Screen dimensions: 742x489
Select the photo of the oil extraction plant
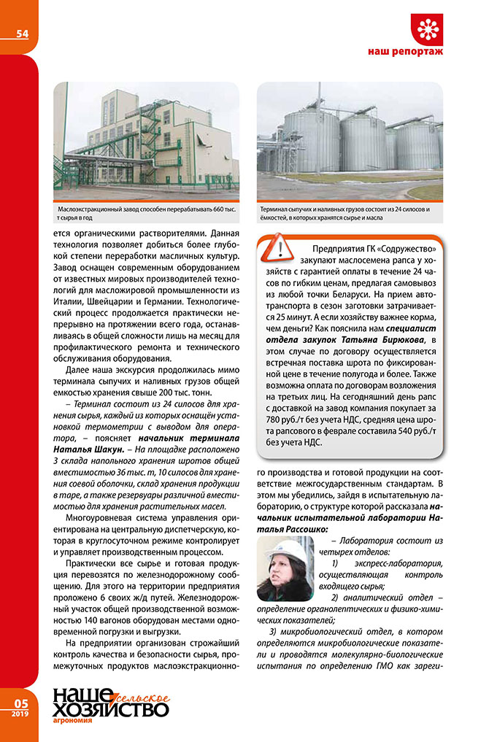coord(147,142)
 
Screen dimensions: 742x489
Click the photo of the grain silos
coord(350,142)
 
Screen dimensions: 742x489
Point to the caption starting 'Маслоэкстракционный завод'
coord(146,214)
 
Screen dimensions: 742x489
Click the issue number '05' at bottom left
coord(20,703)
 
